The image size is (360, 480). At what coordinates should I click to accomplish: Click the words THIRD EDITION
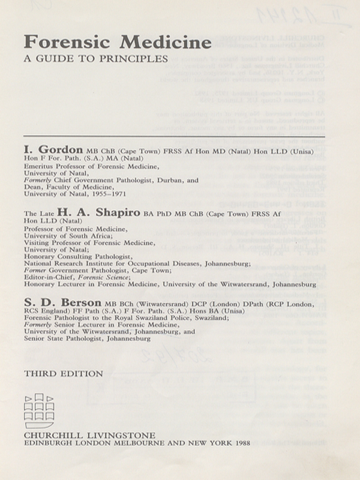click(63, 374)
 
